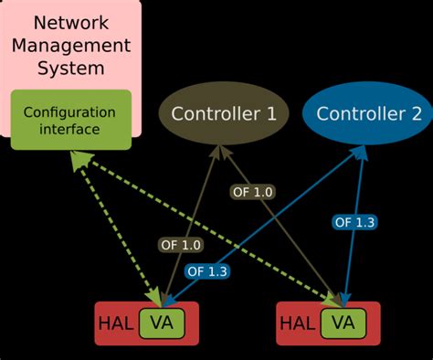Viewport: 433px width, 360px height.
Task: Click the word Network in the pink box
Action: coord(71,22)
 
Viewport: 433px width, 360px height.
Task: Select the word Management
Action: coord(71,46)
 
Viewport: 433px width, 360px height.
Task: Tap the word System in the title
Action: coord(71,69)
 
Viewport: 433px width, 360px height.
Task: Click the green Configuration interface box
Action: coord(70,121)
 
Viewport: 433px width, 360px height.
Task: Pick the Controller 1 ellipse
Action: coord(224,114)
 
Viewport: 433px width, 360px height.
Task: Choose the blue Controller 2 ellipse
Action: coord(368,114)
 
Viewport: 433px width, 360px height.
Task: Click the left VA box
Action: coord(161,323)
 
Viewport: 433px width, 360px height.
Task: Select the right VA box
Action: coord(343,323)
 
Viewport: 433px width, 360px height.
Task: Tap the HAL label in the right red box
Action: coord(297,323)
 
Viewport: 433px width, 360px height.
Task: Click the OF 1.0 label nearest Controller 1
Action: coord(251,192)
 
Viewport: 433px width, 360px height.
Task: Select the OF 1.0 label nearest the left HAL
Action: coord(181,244)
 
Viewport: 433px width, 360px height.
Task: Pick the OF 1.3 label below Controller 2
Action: coord(355,221)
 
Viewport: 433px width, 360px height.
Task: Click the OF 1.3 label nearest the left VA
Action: coord(206,270)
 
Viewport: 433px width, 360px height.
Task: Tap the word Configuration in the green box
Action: coord(70,112)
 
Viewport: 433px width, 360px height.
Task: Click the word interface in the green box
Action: coord(70,130)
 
